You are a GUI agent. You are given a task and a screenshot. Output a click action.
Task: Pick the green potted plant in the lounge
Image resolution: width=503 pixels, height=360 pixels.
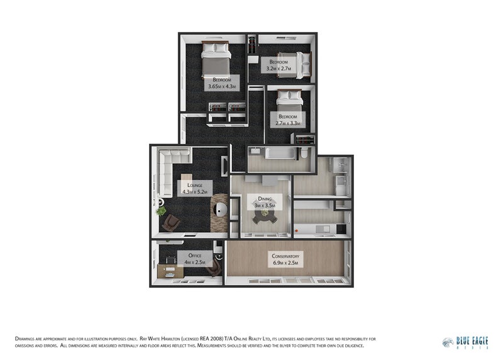162,211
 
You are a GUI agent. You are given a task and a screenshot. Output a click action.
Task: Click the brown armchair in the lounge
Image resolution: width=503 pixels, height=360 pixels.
172,222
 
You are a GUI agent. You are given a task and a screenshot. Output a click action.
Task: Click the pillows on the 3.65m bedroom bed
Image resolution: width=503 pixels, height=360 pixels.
216,47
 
